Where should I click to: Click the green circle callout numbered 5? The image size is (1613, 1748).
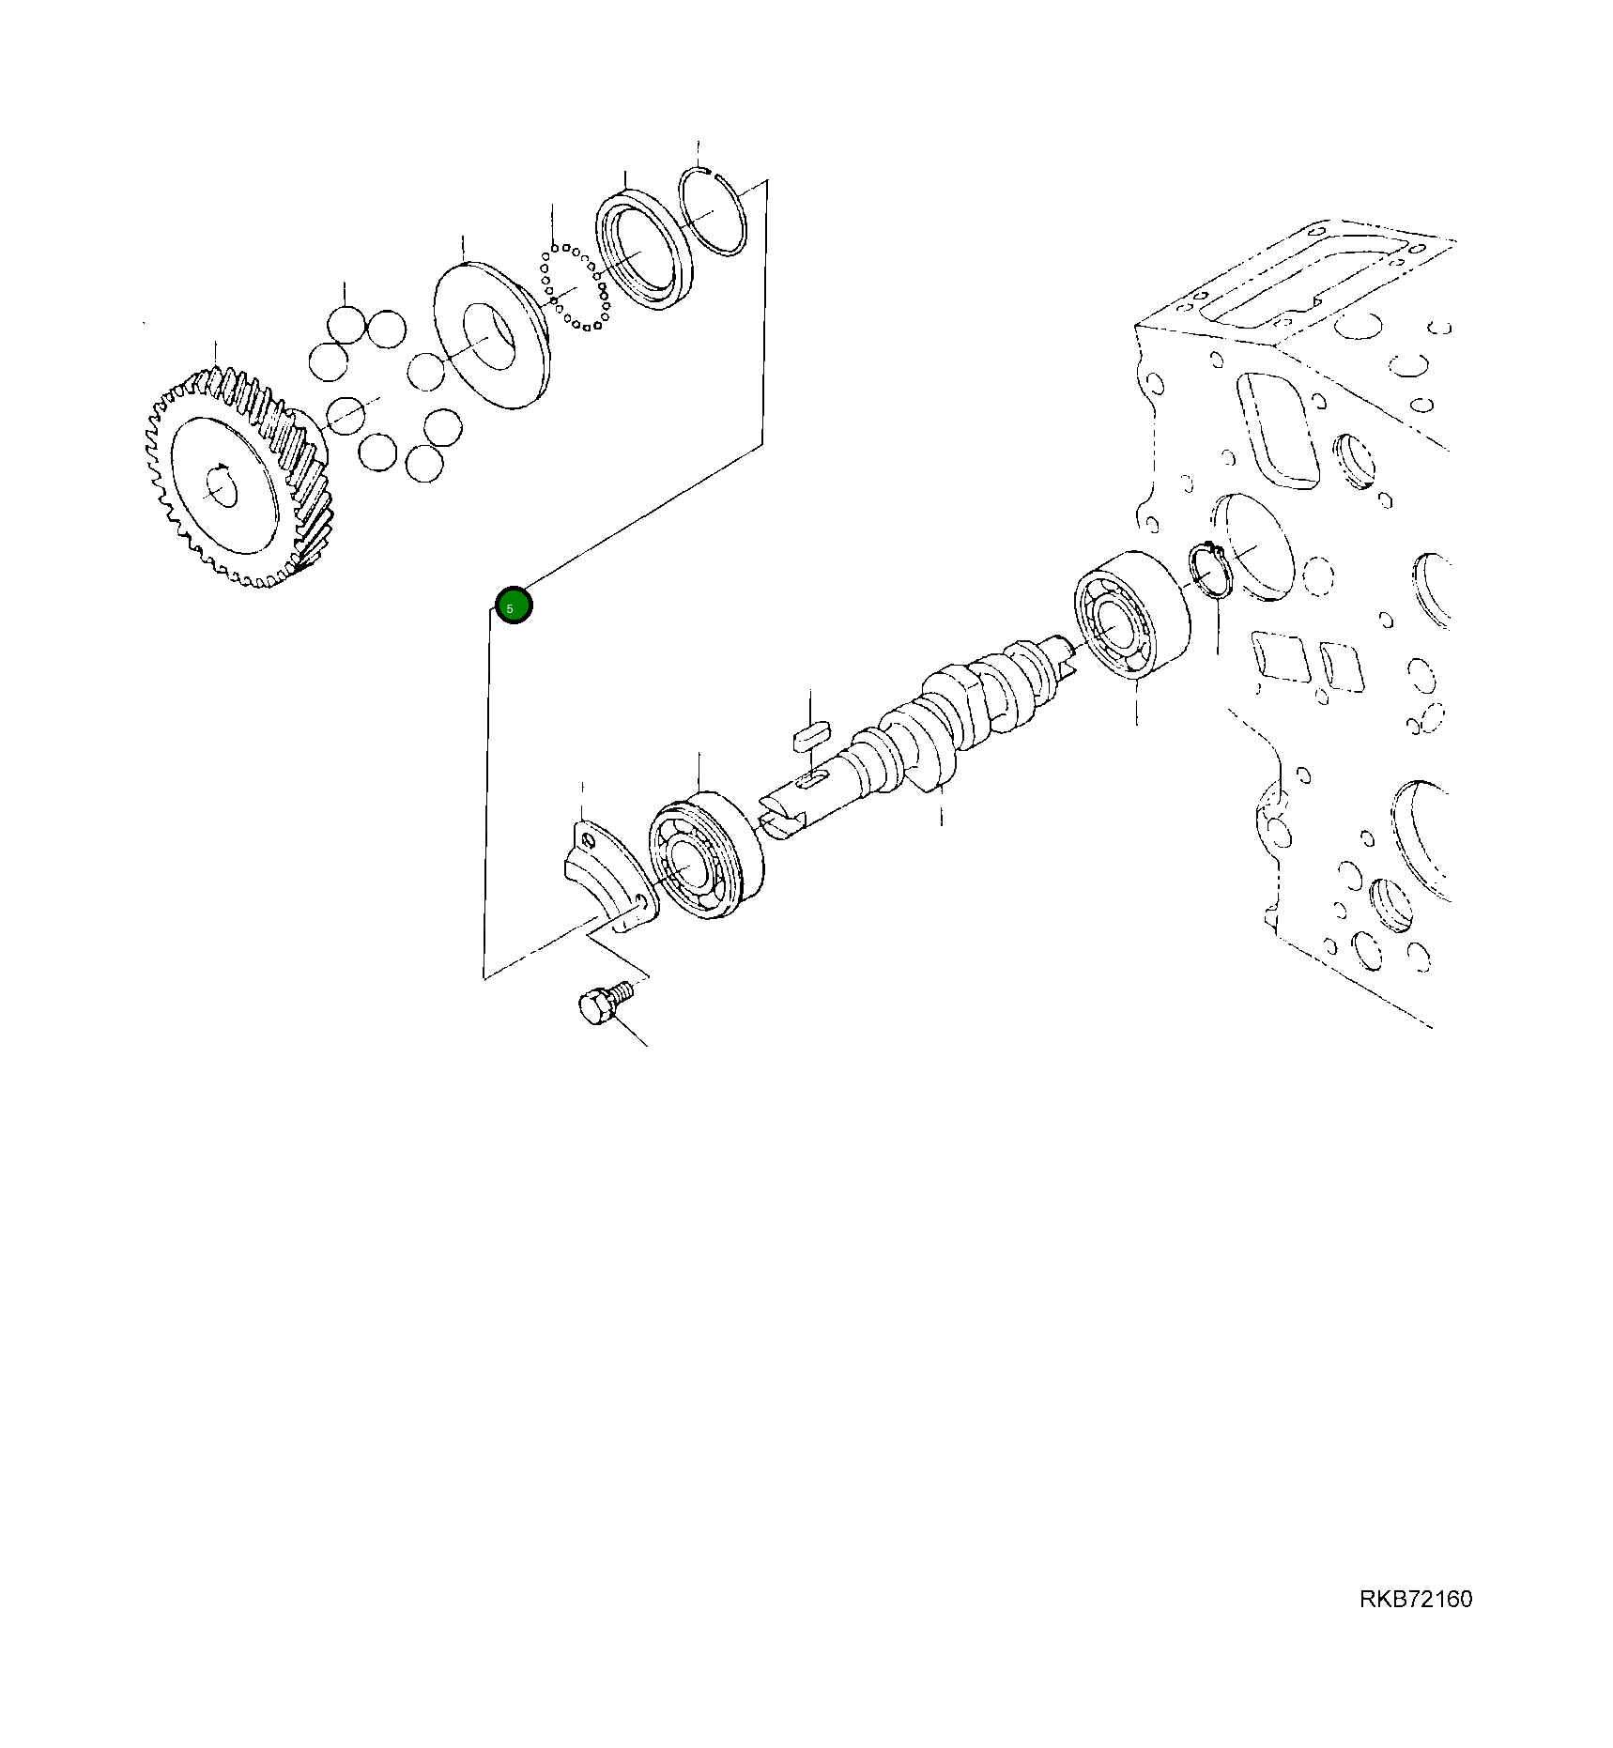tap(514, 606)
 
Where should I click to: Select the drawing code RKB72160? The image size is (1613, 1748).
tap(1415, 1599)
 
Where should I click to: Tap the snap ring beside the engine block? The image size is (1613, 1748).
tap(1209, 573)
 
